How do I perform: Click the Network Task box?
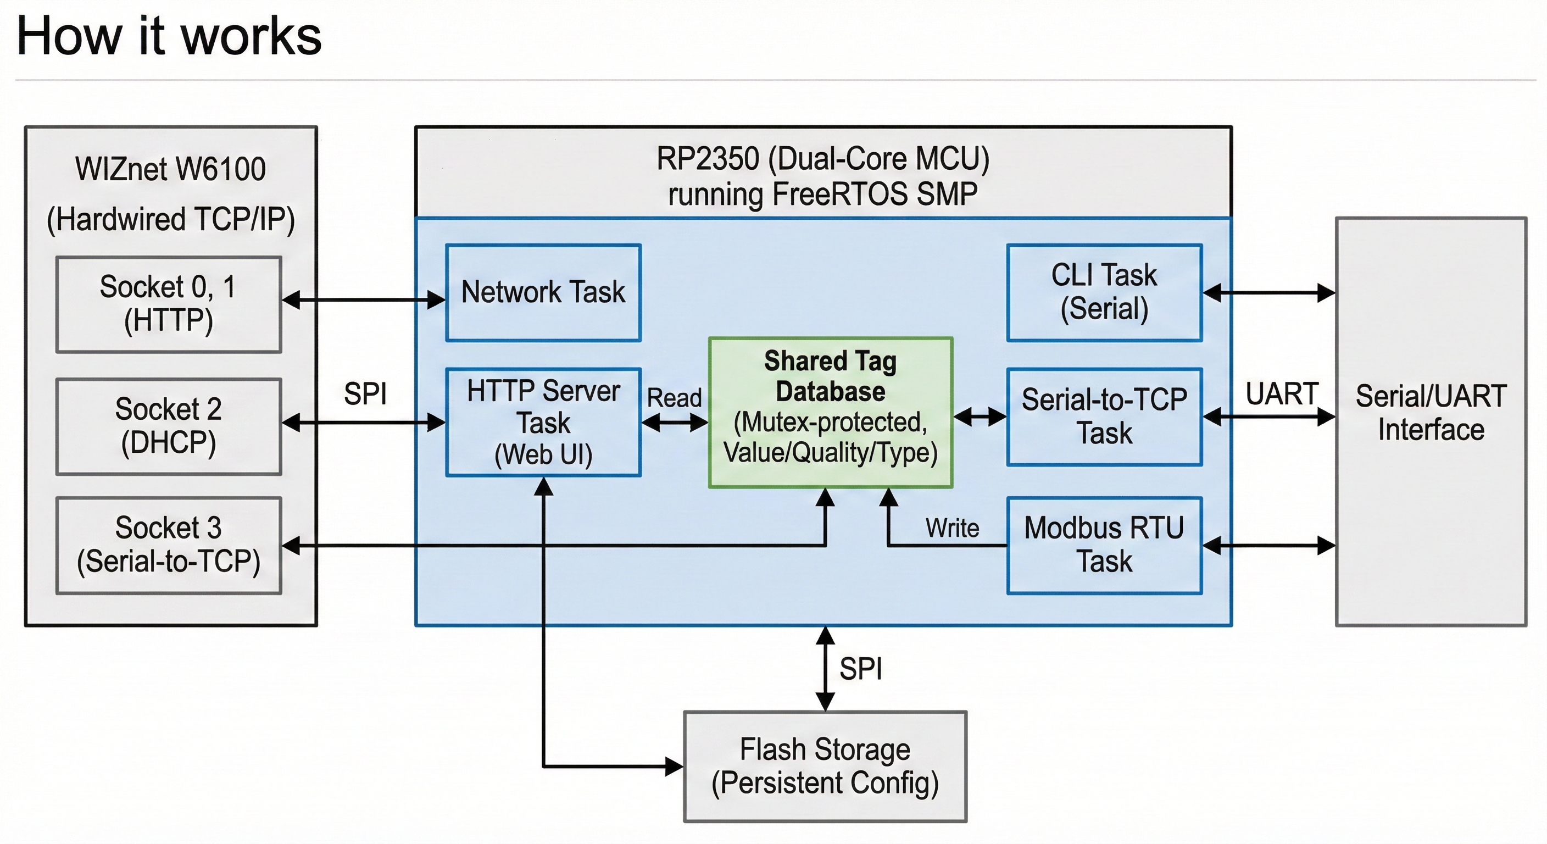(x=543, y=292)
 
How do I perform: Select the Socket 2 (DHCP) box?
(x=169, y=426)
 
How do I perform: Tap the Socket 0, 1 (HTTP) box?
(x=169, y=304)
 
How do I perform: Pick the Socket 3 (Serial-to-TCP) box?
(x=169, y=545)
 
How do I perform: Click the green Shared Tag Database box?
(x=830, y=412)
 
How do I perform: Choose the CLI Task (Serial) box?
(x=1104, y=292)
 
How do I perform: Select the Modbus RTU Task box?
(x=1104, y=545)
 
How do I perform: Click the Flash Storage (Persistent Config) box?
(x=825, y=766)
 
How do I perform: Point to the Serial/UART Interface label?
(x=1431, y=413)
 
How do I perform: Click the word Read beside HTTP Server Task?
(x=674, y=398)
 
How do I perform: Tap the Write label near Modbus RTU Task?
(x=952, y=528)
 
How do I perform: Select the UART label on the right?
(x=1282, y=394)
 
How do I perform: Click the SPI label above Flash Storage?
(x=861, y=669)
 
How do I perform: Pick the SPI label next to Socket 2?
(x=365, y=394)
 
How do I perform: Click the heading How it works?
(x=169, y=36)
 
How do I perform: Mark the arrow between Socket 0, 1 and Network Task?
(x=363, y=299)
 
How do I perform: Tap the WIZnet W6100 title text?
(x=170, y=169)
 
